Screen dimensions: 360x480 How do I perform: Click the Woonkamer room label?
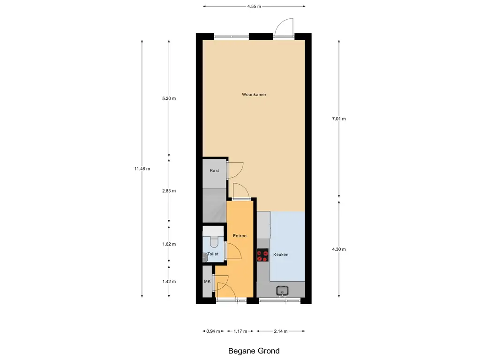(254, 95)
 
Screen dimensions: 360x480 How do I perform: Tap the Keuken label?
(281, 255)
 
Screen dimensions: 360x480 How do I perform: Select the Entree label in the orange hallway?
(239, 236)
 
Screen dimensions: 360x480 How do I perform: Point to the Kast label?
(214, 171)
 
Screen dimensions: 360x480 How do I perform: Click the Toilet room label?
(213, 254)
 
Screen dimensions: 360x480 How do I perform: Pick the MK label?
(207, 282)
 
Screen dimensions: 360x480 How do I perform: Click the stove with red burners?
(262, 256)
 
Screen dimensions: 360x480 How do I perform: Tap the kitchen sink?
(282, 291)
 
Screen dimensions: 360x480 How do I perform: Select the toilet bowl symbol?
(214, 241)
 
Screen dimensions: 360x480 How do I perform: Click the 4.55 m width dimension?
(254, 7)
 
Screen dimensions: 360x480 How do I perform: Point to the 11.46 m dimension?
(142, 169)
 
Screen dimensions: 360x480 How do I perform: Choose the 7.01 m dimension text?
(338, 119)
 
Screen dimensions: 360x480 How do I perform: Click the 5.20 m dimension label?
(169, 98)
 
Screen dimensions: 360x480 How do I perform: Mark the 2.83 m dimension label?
(169, 191)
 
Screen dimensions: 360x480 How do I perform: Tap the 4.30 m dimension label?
(338, 249)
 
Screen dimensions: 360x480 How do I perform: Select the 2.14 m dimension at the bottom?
(281, 331)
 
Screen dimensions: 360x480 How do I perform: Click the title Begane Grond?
(254, 351)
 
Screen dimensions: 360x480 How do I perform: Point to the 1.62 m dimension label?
(169, 244)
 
